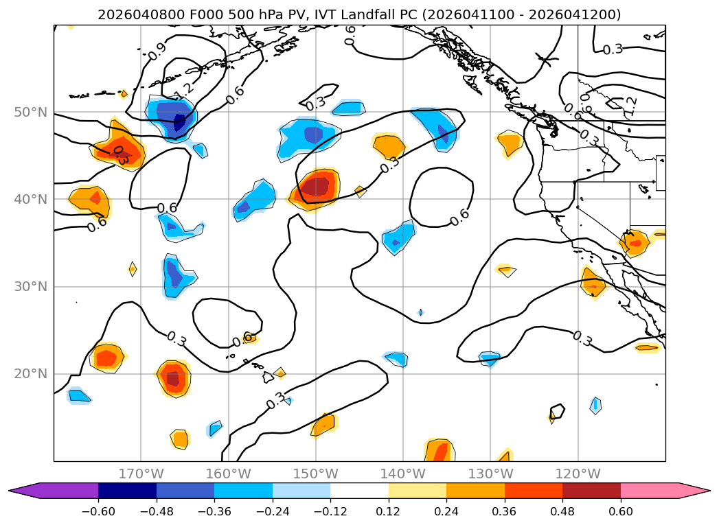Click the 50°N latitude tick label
[x=31, y=112]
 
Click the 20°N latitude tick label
[x=31, y=374]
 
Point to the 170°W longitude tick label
[x=141, y=474]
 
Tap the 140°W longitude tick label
[x=403, y=474]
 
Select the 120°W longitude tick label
[x=578, y=474]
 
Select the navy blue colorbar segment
[x=127, y=490]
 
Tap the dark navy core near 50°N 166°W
[x=179, y=122]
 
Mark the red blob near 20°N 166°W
[x=173, y=378]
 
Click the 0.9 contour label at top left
[x=157, y=51]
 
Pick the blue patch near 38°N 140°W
[x=398, y=237]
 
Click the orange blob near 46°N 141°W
[x=389, y=146]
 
